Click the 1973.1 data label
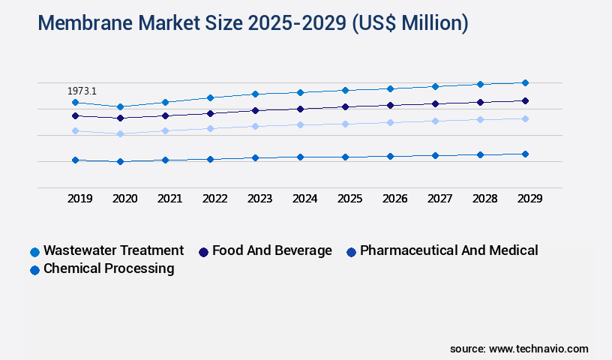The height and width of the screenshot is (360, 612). point(82,91)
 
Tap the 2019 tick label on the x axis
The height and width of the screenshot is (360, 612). point(79,199)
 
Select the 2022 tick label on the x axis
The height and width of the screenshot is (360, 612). point(214,199)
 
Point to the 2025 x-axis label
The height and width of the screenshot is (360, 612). point(349,199)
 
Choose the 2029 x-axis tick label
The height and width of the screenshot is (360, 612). point(529,199)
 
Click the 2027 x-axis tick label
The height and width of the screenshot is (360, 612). point(439,199)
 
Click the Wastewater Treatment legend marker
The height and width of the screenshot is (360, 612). point(34,252)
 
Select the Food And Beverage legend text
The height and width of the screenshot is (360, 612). point(271,250)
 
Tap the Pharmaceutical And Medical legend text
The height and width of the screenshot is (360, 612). point(448,250)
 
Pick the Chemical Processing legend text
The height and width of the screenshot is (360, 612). point(109,268)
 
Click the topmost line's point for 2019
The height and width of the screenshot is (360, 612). point(75,102)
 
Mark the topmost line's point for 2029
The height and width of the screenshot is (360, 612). point(525,82)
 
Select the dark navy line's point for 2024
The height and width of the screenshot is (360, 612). point(300,109)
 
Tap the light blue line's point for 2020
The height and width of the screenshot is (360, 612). point(120,133)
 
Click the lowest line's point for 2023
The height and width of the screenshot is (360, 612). point(255,157)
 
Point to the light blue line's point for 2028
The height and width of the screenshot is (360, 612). point(480,119)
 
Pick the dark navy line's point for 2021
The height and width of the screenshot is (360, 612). point(165,115)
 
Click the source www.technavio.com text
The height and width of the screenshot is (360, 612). point(519,349)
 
